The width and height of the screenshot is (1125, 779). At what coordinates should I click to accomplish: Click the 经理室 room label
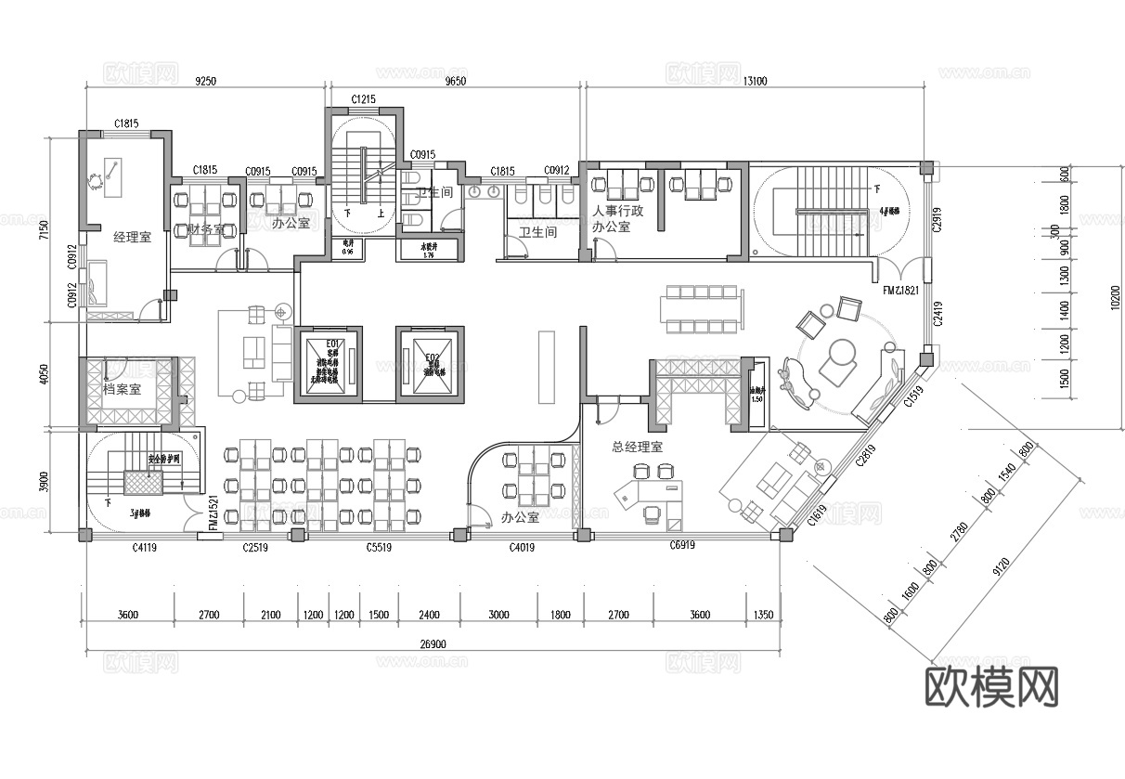pos(132,237)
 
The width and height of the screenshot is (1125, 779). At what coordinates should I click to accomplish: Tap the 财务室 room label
pos(205,228)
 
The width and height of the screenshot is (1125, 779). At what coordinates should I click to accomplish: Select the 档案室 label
pos(122,389)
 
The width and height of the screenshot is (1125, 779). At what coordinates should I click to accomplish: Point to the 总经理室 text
pos(637,447)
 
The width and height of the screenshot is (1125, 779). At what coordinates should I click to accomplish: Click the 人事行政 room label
pos(618,211)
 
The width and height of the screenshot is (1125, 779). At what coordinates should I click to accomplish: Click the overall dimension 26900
pos(433,643)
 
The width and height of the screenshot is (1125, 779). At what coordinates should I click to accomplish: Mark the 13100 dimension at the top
pos(754,81)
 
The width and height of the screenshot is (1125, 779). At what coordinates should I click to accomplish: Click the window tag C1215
pos(363,99)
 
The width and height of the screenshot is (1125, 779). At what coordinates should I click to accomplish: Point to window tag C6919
pos(682,547)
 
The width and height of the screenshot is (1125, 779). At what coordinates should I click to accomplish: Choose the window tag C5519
pos(378,548)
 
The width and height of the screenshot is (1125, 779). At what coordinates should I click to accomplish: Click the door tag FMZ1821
pos(900,291)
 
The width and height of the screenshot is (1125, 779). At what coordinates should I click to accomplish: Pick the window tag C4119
pos(143,548)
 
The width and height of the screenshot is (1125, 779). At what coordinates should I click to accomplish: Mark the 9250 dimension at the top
pos(205,81)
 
